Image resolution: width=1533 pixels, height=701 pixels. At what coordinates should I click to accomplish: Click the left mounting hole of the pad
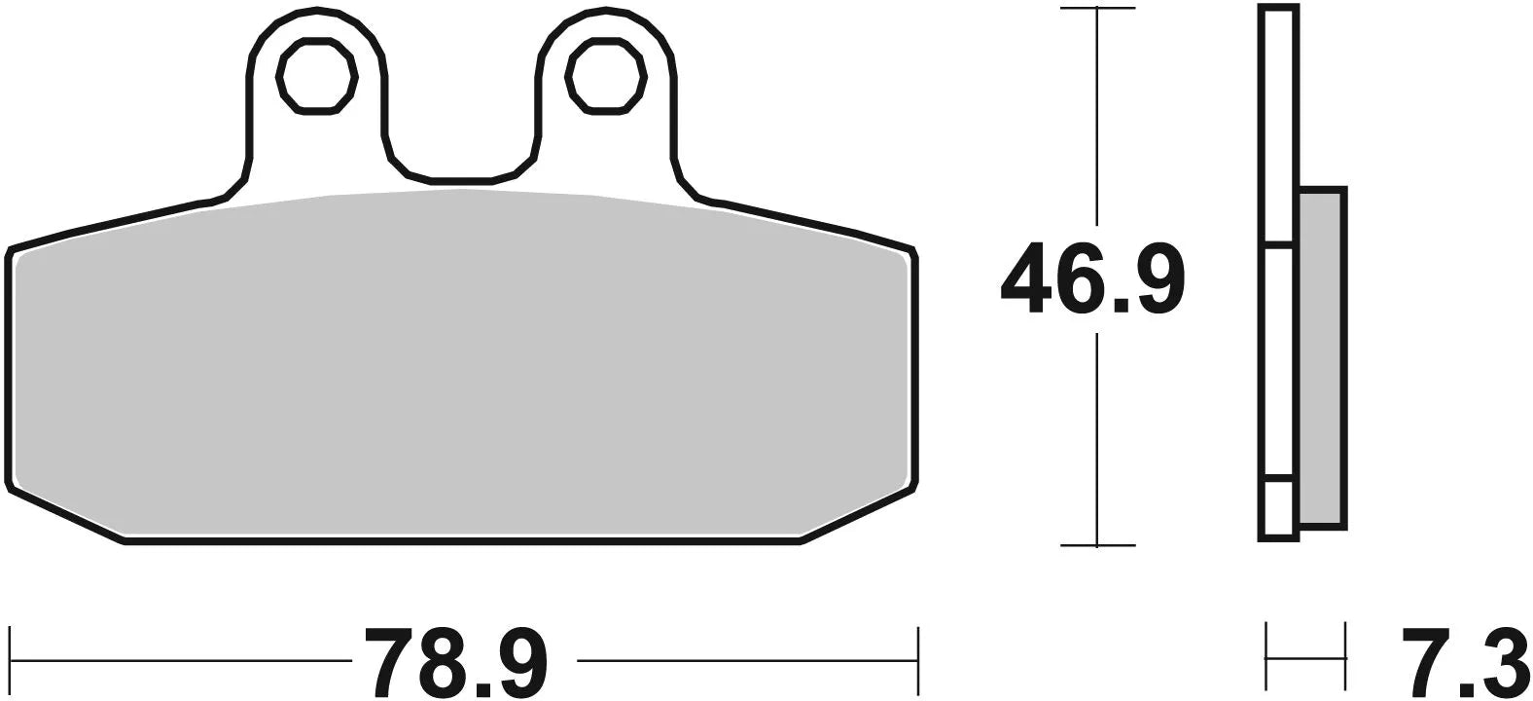pyautogui.click(x=315, y=76)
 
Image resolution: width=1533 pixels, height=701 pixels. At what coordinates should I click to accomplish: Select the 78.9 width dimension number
pyautogui.click(x=457, y=662)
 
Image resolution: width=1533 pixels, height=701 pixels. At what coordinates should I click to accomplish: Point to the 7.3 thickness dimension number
pyautogui.click(x=1464, y=662)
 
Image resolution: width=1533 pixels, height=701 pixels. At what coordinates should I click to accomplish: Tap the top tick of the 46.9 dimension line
pyautogui.click(x=1097, y=9)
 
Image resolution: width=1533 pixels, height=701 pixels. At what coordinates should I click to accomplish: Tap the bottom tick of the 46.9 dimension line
pyautogui.click(x=1097, y=545)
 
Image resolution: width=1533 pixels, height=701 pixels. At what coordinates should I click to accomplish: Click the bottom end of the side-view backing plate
pyautogui.click(x=1278, y=535)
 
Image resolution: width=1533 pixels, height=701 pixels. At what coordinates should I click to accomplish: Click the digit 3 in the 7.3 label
pyautogui.click(x=1501, y=662)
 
